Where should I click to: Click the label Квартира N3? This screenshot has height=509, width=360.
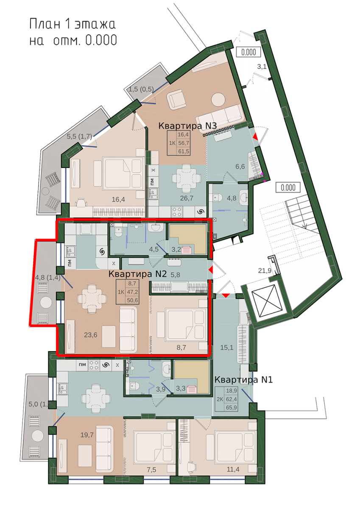click(x=187, y=126)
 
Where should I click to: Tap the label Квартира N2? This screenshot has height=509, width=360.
click(x=138, y=274)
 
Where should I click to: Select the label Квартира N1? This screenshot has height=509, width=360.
click(x=243, y=380)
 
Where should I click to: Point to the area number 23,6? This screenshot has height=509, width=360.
click(x=91, y=335)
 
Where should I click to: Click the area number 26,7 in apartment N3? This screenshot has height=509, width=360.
click(x=187, y=198)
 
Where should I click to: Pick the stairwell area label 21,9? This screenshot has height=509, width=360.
click(x=265, y=271)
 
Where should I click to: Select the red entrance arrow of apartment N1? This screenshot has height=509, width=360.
click(x=226, y=296)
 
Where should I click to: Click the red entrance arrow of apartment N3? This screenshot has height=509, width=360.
click(x=256, y=136)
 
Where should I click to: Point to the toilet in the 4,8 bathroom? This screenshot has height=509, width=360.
click(x=218, y=198)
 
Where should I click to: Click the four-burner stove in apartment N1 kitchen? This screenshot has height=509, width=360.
click(x=94, y=365)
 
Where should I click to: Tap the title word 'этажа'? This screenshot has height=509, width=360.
click(x=95, y=24)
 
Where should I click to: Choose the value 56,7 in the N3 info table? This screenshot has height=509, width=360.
click(x=184, y=143)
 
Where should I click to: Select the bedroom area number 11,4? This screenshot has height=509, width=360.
click(x=233, y=469)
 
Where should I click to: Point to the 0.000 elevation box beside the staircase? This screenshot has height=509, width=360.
click(x=288, y=187)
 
